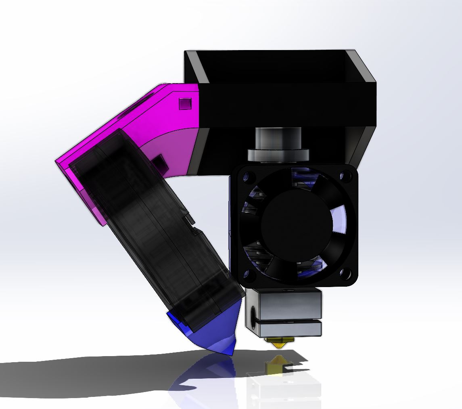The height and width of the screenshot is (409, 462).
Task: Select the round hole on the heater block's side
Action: tap(253, 313)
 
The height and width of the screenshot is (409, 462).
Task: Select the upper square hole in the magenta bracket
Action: tap(184, 103)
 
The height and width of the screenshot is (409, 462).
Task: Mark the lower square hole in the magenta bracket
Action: tap(159, 165)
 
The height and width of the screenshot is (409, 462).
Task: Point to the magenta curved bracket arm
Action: tap(169, 129)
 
